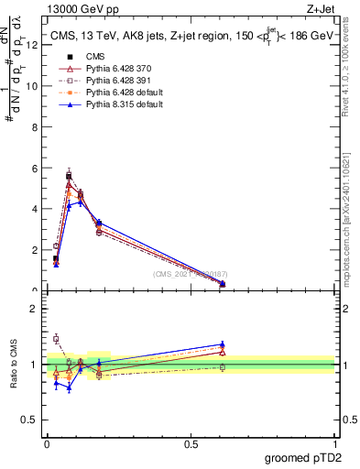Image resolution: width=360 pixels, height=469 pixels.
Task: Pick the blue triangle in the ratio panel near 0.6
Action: pyautogui.click(x=223, y=344)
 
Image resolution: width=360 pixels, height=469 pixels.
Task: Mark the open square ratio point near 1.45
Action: pyautogui.click(x=56, y=338)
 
